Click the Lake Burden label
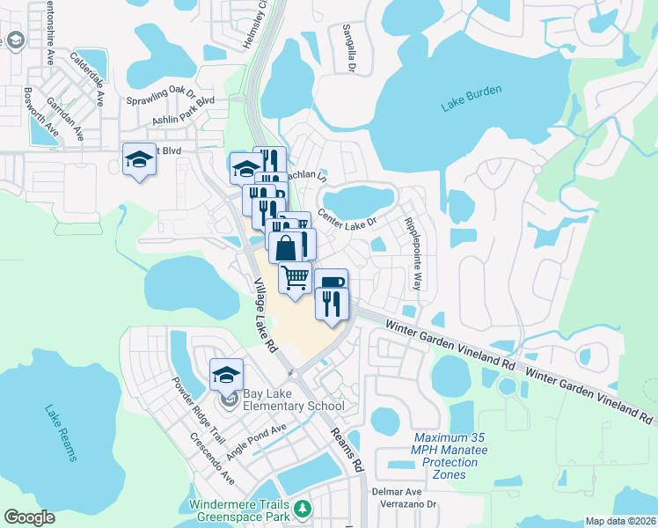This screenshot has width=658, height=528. point(472,103)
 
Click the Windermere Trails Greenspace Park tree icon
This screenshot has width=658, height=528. point(303,509)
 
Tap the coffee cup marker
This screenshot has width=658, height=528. point(331,282)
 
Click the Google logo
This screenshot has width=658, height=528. point(30,517)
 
